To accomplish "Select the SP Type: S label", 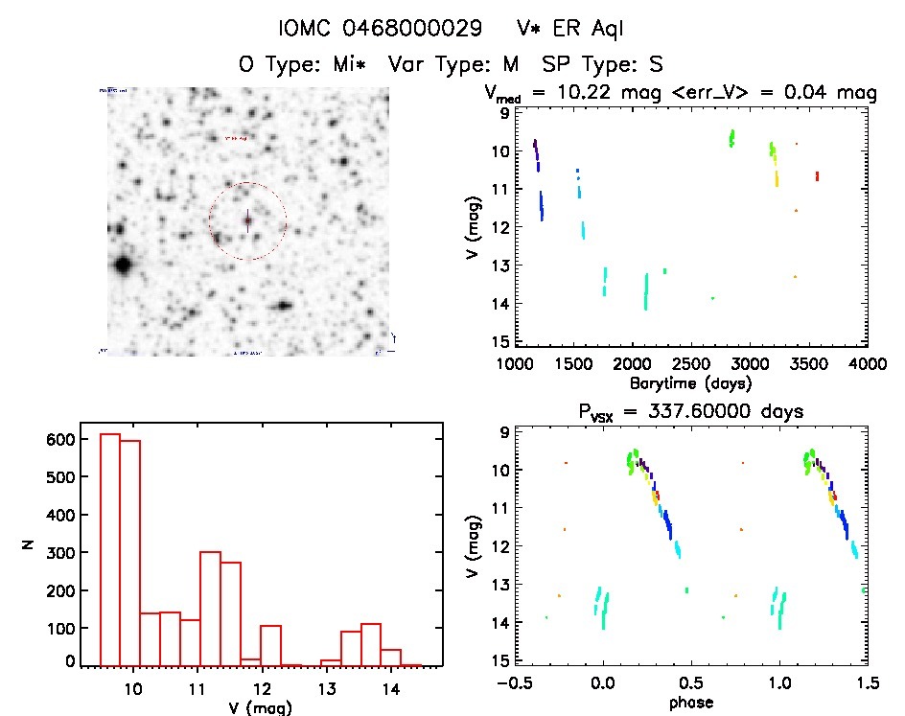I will click(603, 64).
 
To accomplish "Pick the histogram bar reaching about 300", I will click(210, 609).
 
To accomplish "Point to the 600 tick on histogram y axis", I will click(61, 440).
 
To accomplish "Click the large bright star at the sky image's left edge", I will click(123, 266).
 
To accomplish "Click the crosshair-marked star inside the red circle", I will click(247, 221).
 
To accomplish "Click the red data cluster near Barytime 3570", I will click(817, 175).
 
